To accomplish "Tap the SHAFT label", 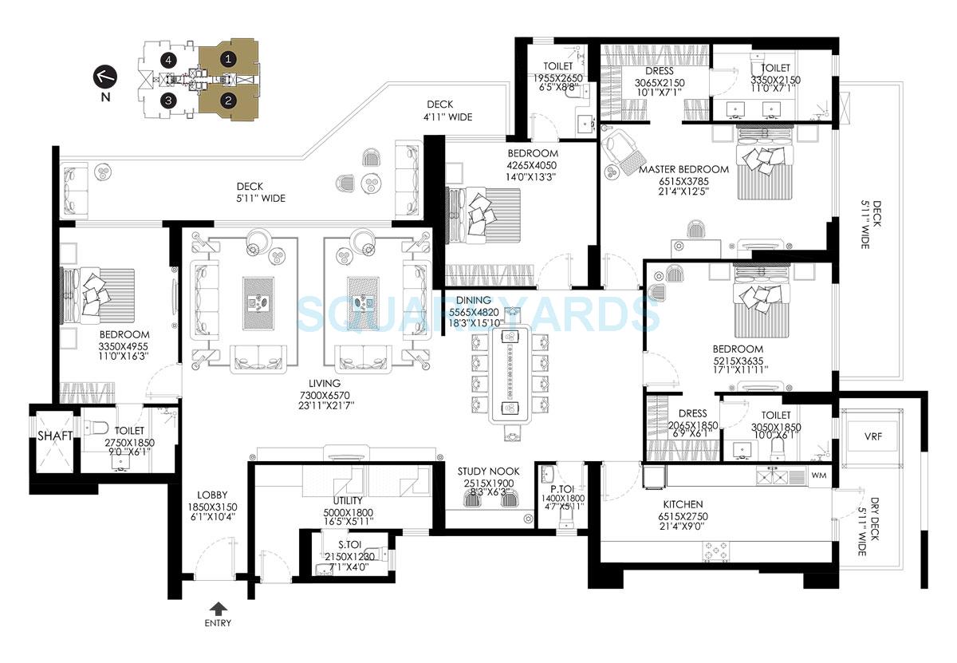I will tap(55, 436).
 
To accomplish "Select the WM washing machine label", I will tap(819, 476).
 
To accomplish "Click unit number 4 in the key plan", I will tap(167, 59).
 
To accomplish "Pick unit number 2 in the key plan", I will tap(228, 101).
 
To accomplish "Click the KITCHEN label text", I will tap(683, 504).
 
